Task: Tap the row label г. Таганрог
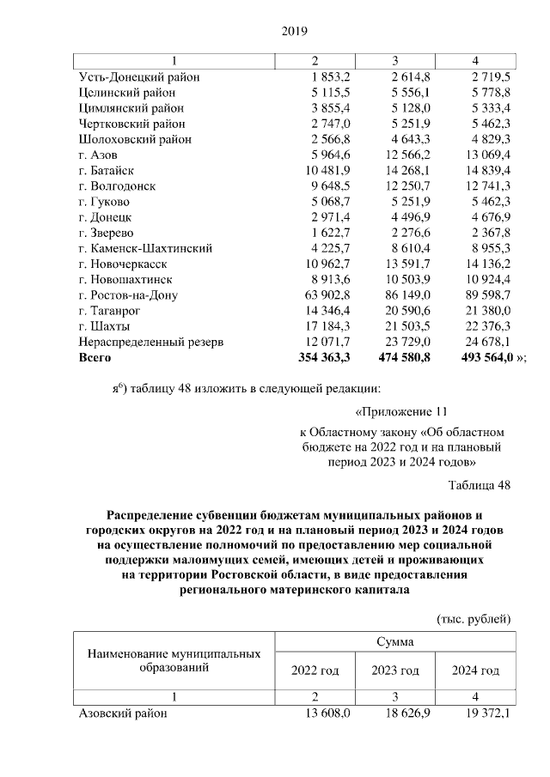(x=108, y=311)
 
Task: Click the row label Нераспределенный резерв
(x=150, y=342)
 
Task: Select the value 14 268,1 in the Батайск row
(x=399, y=171)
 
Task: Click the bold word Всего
(x=96, y=357)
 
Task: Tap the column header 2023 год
(x=394, y=671)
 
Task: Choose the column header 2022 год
(x=315, y=671)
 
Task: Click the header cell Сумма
(x=394, y=641)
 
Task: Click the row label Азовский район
(x=122, y=713)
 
